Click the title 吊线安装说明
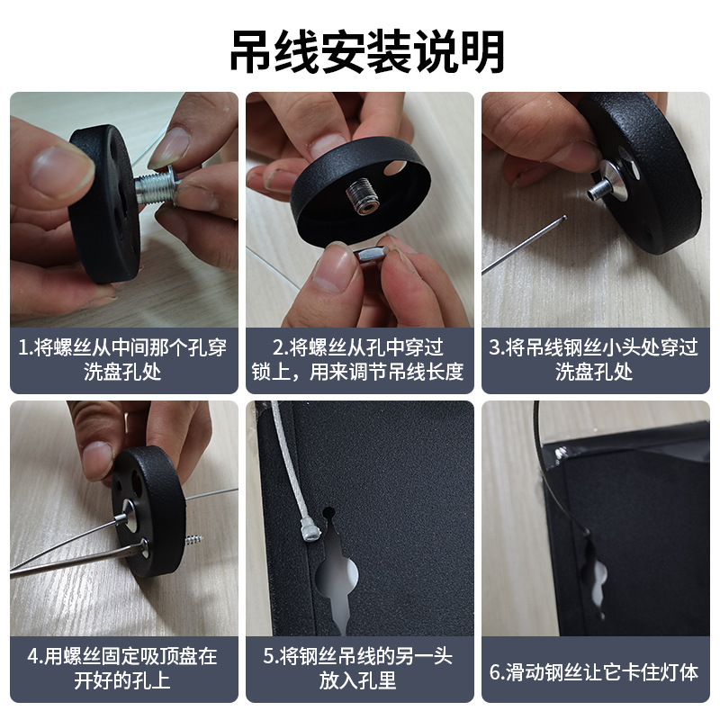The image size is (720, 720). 367,51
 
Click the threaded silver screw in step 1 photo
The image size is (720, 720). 157,187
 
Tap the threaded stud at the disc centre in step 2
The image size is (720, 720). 363,196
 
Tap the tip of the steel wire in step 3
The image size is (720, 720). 565,217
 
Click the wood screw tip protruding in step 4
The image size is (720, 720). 194,539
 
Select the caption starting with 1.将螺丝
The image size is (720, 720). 122,359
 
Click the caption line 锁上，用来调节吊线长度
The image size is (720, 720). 357,372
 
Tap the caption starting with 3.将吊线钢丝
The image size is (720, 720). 594,359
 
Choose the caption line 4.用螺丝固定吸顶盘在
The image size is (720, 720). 122,656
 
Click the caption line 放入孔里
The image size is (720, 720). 358,680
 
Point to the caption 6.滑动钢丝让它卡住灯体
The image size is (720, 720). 594,672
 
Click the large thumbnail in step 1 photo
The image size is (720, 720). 59,169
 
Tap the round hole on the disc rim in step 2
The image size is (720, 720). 394,167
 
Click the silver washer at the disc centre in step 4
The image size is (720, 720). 130,515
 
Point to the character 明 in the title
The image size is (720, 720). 482,51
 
